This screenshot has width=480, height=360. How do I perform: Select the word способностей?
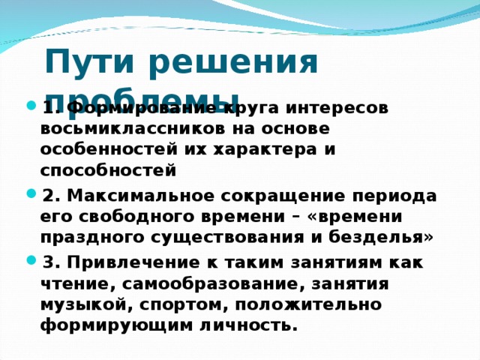point(109,169)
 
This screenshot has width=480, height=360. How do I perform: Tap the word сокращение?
point(284,196)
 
